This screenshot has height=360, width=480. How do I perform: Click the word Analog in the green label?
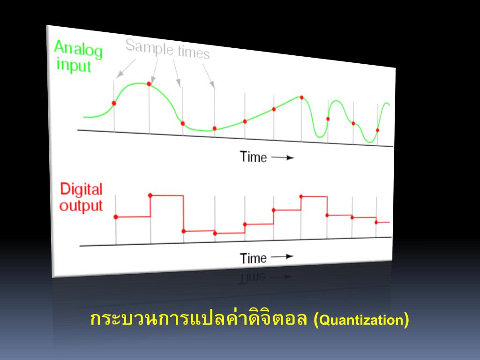point(78,49)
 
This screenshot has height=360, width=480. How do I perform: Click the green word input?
point(74,66)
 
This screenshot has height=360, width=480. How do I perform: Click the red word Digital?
point(81,189)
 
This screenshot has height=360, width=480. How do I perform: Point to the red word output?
point(81,206)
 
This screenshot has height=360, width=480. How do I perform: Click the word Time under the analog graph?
point(253,157)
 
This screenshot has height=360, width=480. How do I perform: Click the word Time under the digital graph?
point(253,258)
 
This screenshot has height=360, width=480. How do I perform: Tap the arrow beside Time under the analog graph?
point(283,157)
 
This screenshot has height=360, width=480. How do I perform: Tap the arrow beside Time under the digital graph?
point(282,256)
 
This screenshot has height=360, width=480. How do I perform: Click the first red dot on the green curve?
point(114,103)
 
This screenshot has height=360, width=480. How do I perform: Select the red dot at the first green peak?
point(149,83)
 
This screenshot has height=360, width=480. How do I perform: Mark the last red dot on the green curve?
point(377,130)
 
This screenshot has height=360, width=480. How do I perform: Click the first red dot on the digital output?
point(116,217)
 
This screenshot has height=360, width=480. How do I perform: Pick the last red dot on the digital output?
point(376,223)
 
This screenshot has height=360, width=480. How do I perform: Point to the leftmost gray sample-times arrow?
point(126,68)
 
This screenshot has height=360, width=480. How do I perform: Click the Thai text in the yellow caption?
point(198,318)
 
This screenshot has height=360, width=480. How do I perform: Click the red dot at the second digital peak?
point(301,196)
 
